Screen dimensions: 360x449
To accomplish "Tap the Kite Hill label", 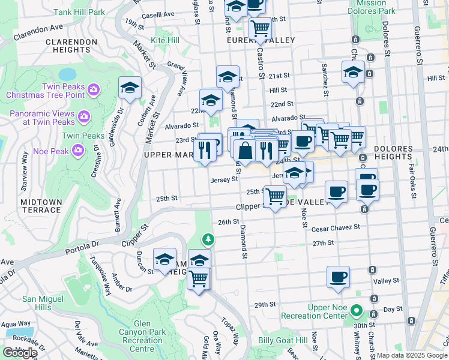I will pyautogui.click(x=165, y=40).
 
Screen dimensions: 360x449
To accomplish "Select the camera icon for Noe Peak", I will pyautogui.click(x=77, y=149).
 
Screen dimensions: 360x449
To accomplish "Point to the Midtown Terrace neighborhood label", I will pyautogui.click(x=41, y=206).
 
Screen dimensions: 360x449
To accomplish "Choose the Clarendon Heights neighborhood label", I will pyautogui.click(x=71, y=46).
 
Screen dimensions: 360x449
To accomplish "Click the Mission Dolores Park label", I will pyautogui.click(x=372, y=7).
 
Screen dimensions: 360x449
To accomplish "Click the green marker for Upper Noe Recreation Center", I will pyautogui.click(x=357, y=312).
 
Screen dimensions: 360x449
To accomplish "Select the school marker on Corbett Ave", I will pyautogui.click(x=130, y=87).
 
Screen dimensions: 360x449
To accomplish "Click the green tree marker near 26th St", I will pyautogui.click(x=208, y=240).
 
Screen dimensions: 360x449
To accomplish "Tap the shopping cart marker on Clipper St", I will pyautogui.click(x=275, y=195).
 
